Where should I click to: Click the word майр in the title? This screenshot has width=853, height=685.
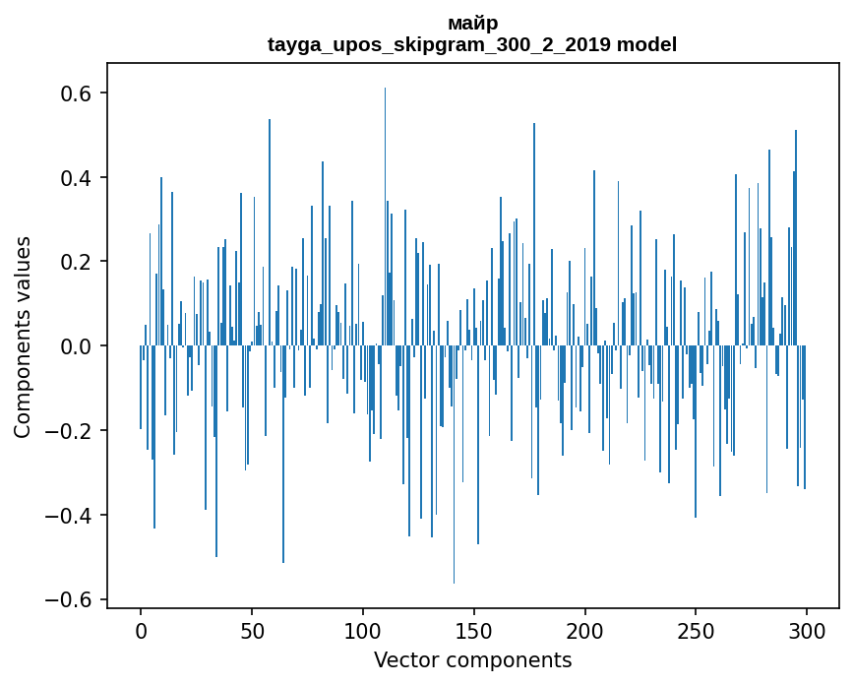coord(472,24)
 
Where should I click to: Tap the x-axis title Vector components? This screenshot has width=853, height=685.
coord(472,659)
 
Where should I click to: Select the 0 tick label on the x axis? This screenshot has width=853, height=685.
coord(141,630)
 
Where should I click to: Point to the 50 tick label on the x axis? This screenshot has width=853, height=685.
coord(252,630)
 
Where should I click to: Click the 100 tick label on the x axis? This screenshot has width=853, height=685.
coord(363,630)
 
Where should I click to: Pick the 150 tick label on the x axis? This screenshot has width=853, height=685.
coord(474,630)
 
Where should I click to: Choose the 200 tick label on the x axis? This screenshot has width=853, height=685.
coord(584,630)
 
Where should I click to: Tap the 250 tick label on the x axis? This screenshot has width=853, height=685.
coord(696,630)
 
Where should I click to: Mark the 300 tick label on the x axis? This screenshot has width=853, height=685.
coord(807,630)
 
